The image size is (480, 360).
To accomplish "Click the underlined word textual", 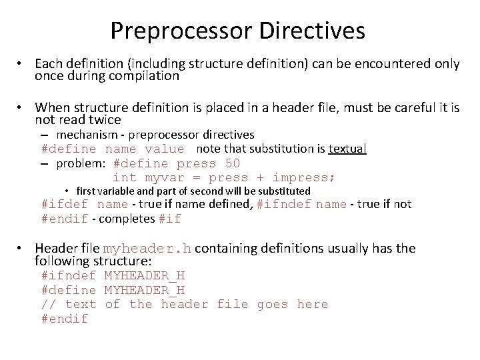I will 347,149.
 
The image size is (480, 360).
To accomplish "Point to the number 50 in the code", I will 233,163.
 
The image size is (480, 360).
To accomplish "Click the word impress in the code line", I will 303,177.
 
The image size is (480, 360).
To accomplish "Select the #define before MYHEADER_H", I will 68,290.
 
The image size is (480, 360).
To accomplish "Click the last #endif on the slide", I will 64,319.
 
